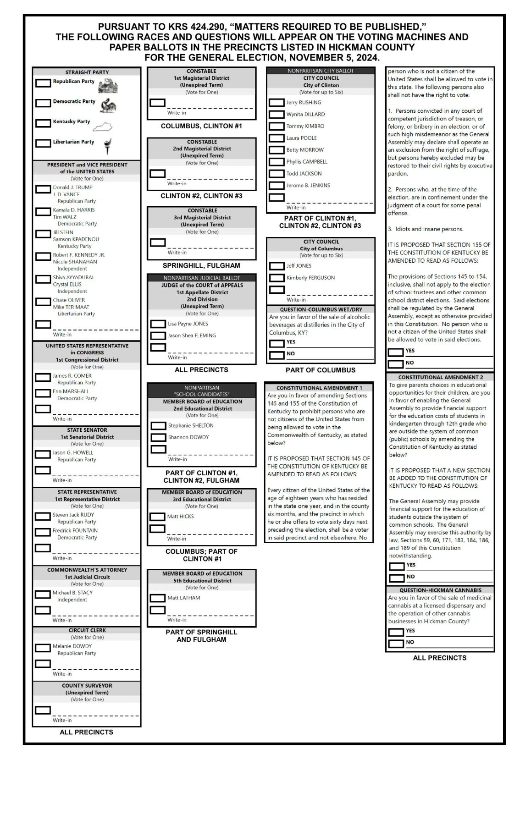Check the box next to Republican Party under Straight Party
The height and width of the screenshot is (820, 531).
click(x=43, y=83)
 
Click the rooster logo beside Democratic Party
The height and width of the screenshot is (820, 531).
click(x=108, y=105)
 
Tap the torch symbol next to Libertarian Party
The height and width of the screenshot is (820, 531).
click(x=108, y=145)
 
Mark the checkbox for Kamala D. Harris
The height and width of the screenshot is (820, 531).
click(x=43, y=212)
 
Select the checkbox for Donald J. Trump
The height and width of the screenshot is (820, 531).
click(x=43, y=189)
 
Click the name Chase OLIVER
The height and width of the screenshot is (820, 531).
click(x=69, y=300)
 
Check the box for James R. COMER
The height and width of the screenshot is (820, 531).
click(x=43, y=378)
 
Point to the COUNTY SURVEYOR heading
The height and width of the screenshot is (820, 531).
click(x=87, y=686)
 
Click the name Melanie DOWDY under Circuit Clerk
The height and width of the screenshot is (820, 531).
click(x=72, y=646)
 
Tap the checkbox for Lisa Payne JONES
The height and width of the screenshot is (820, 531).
click(x=158, y=324)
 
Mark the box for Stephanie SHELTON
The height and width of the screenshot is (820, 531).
click(x=158, y=426)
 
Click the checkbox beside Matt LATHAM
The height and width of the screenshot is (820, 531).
click(x=157, y=598)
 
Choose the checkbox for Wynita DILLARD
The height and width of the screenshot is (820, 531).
click(x=277, y=115)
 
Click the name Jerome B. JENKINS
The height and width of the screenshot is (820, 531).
click(x=308, y=186)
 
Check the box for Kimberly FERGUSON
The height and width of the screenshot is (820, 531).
click(x=277, y=278)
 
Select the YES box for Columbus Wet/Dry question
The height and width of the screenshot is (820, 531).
click(x=277, y=343)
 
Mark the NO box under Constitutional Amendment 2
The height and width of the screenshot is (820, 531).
click(x=396, y=578)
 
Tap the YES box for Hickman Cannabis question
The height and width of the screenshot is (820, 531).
click(x=396, y=632)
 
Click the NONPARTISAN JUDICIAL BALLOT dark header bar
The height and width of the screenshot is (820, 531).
click(x=202, y=278)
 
